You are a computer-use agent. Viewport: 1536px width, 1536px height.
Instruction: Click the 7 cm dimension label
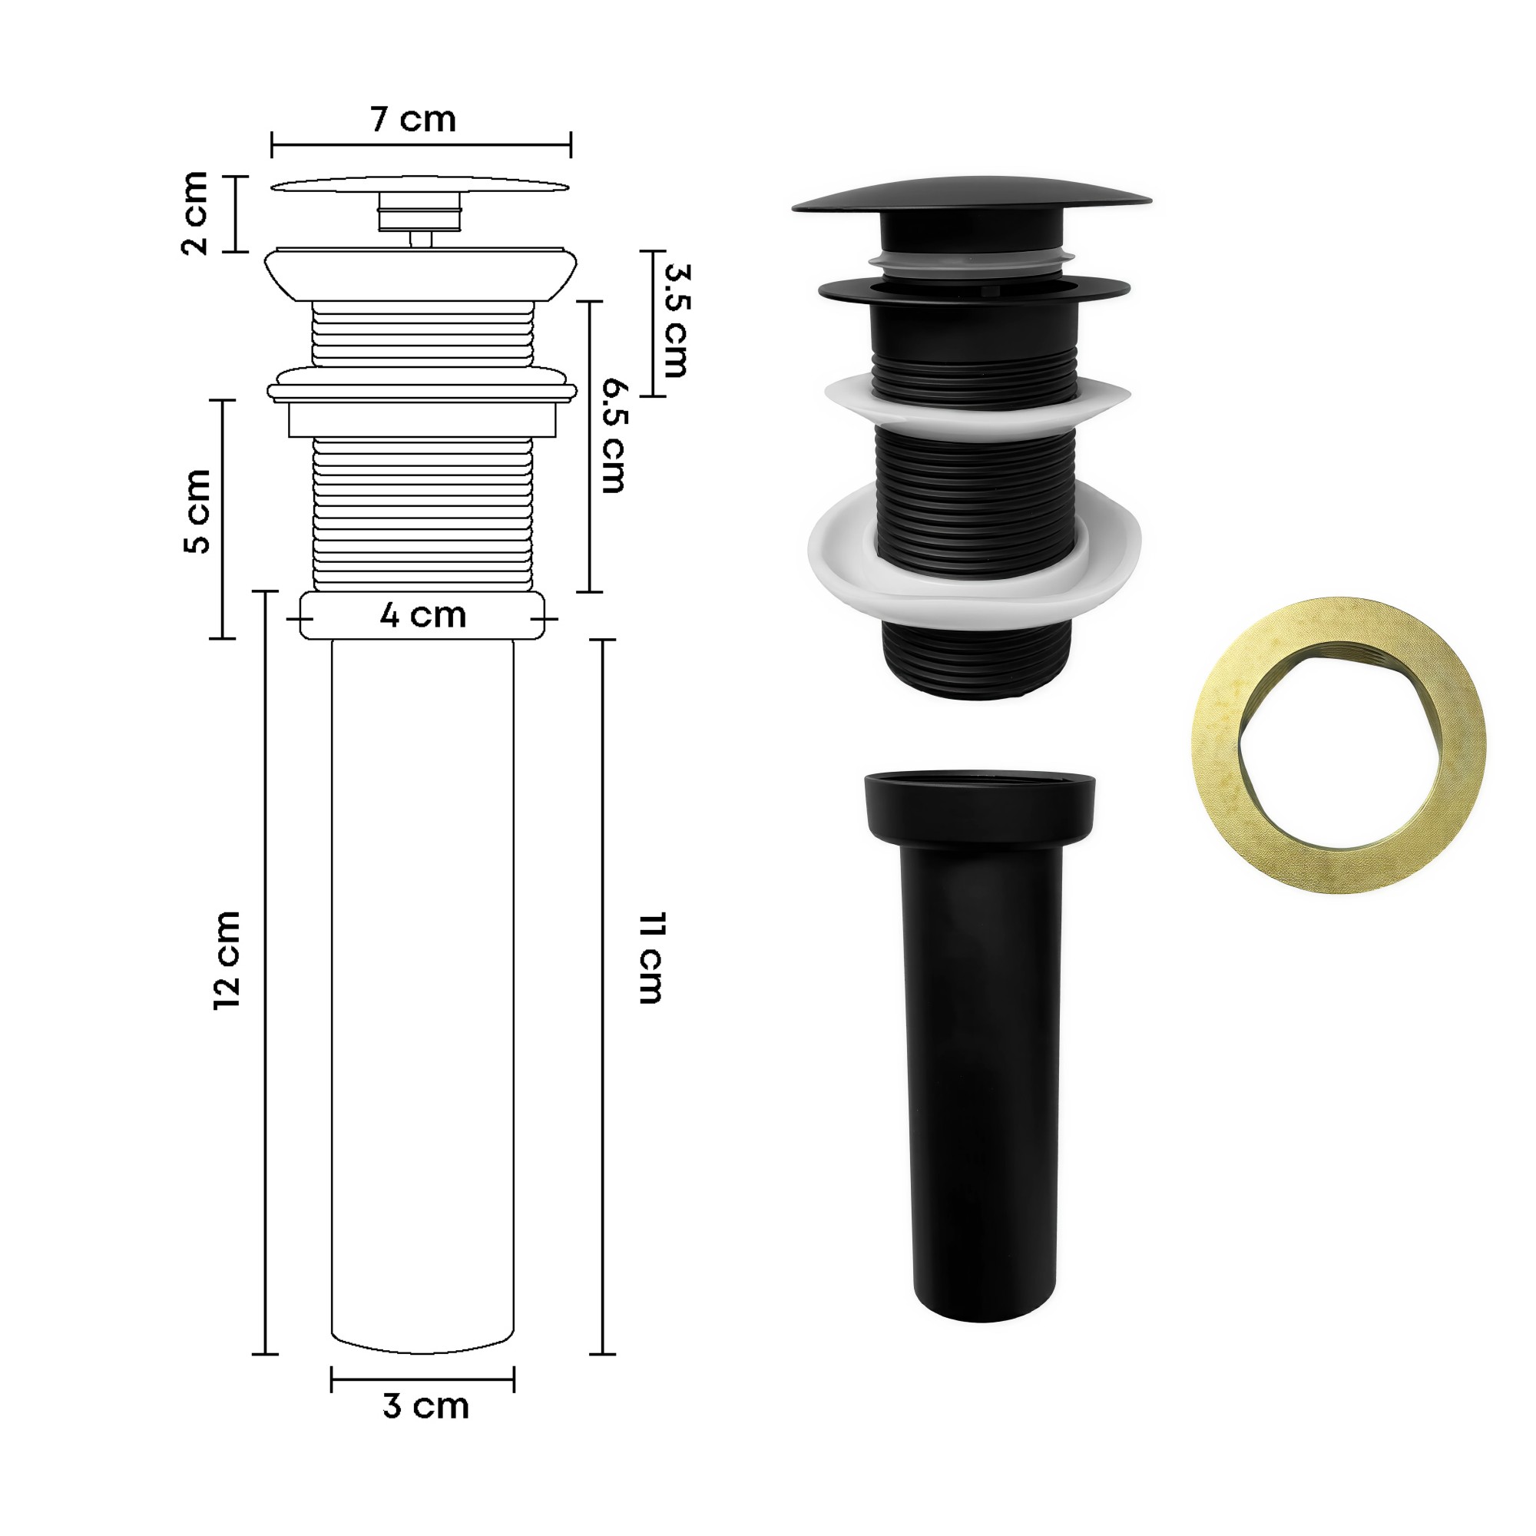tap(413, 120)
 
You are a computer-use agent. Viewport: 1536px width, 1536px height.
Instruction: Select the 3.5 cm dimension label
tap(676, 320)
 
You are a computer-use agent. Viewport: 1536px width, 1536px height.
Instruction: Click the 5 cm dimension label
tap(197, 511)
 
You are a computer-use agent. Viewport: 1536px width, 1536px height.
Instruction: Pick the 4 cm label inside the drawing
tap(422, 615)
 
